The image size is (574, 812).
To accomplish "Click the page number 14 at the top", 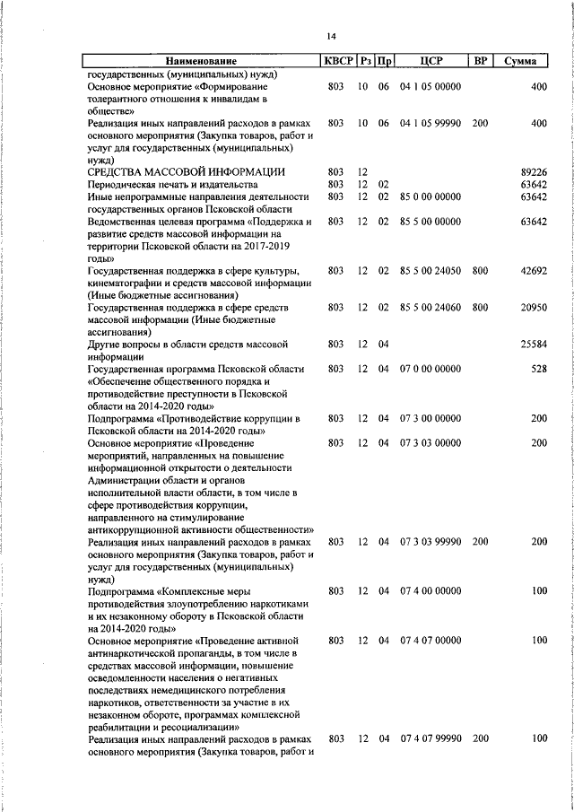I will coord(331,36).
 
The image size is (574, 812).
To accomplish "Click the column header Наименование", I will coord(201,61).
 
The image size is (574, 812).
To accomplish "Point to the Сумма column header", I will coord(521,61).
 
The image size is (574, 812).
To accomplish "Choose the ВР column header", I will coord(480,61).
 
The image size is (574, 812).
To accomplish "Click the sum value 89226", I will coord(533,171).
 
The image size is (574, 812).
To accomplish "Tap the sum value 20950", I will coord(533,308).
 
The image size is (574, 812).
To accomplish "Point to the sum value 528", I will coord(538,369).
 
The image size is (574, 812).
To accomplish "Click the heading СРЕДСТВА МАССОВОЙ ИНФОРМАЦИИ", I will coord(186,171).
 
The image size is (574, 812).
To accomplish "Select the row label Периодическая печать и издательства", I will coord(166,184).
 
